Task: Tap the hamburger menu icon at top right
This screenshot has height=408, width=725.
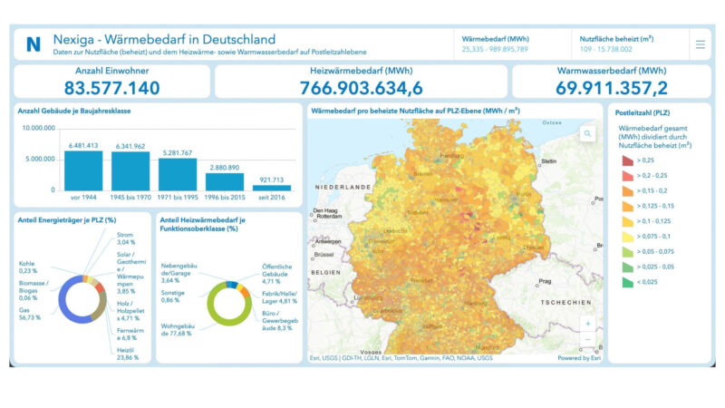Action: pyautogui.click(x=700, y=44)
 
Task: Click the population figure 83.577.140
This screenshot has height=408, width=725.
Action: pyautogui.click(x=111, y=87)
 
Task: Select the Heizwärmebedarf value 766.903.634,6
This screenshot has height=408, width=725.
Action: pyautogui.click(x=361, y=87)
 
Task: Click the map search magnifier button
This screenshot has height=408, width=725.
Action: pyautogui.click(x=587, y=134)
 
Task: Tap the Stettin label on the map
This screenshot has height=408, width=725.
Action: pyautogui.click(x=547, y=161)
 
